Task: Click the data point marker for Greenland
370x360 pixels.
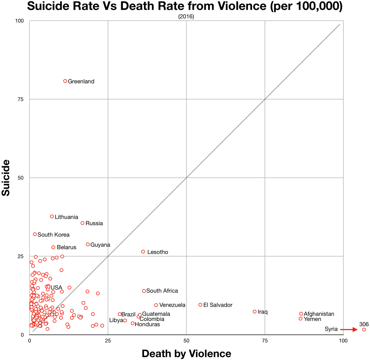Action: [65, 81]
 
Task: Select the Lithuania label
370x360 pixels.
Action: [66, 217]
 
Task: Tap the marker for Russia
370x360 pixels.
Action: [82, 223]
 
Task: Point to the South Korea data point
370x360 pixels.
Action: [35, 234]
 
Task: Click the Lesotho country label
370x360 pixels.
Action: [158, 252]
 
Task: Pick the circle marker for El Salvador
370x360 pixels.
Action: [200, 305]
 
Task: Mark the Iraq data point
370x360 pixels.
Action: [255, 312]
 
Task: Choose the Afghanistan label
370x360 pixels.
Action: [319, 314]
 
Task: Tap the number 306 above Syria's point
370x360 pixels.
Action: [364, 324]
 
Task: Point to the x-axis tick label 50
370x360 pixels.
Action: [186, 341]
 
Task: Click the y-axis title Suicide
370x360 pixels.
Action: [6, 178]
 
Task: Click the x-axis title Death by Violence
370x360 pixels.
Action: [186, 354]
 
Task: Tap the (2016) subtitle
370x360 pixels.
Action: [186, 17]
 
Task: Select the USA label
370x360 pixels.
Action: [56, 288]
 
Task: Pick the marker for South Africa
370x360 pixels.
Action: [144, 291]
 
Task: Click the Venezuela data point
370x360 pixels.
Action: [156, 305]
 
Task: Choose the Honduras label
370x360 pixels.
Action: [147, 325]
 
